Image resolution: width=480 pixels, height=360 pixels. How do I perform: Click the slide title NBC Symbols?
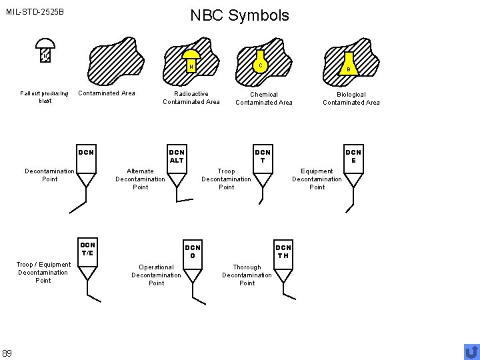tap(239, 15)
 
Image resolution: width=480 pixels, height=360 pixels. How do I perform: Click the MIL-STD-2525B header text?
tap(35, 11)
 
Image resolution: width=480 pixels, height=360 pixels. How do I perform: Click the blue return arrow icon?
tap(471, 351)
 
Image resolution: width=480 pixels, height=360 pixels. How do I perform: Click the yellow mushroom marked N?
tap(191, 61)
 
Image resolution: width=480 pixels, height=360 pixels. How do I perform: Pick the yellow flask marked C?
tap(262, 61)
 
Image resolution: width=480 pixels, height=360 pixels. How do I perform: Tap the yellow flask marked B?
tap(348, 65)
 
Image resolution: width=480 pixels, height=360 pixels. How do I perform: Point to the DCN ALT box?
tap(177, 156)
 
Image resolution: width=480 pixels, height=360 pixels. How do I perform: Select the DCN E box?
tap(353, 156)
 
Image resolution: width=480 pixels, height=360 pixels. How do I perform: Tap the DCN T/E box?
tap(87, 248)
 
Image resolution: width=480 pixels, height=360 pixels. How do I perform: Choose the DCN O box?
tap(193, 252)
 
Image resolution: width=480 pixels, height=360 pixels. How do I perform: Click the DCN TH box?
tap(283, 252)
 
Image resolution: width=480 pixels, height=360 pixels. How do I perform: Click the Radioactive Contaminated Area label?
tap(191, 98)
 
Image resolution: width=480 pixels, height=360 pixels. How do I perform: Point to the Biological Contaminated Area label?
tap(351, 99)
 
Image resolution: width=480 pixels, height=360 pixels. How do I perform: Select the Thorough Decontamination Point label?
tap(247, 275)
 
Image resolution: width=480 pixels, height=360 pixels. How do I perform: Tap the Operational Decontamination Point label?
tap(156, 275)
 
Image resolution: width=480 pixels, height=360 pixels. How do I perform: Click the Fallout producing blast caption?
tap(45, 97)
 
